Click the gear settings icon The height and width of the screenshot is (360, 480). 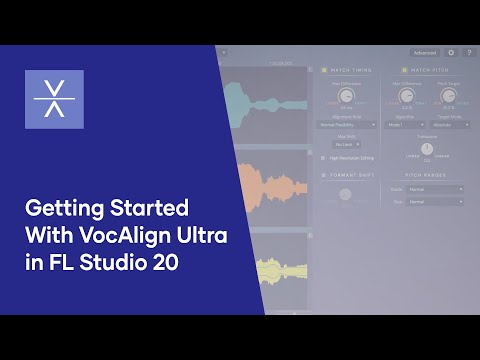[x=451, y=52]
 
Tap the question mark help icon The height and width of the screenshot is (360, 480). [x=468, y=52]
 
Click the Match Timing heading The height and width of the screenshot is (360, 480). [x=351, y=70]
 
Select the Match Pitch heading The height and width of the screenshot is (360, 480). [x=431, y=70]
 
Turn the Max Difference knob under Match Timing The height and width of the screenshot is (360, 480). [x=347, y=96]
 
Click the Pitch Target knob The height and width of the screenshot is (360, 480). [x=448, y=96]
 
